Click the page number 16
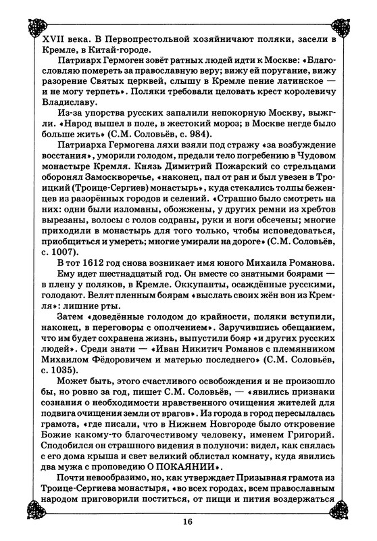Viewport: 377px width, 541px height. pyautogui.click(x=188, y=521)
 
